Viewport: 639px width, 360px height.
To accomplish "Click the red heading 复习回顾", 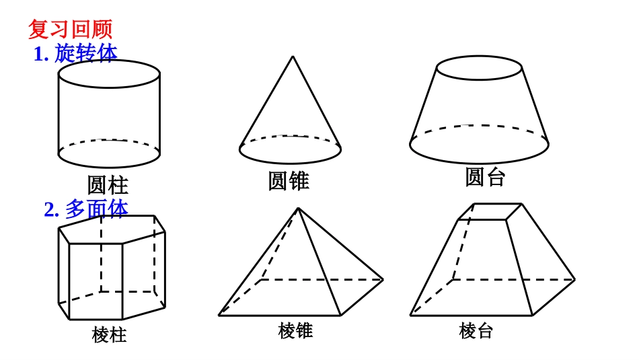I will pyautogui.click(x=70, y=29).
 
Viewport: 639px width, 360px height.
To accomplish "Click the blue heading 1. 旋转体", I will pyautogui.click(x=75, y=53).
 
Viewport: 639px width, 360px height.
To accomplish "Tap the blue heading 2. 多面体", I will pyautogui.click(x=86, y=209).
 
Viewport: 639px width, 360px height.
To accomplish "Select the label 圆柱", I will pyautogui.click(x=108, y=185).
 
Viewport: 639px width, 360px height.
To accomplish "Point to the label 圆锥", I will pyautogui.click(x=289, y=180).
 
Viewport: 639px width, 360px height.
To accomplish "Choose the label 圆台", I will pyautogui.click(x=484, y=177).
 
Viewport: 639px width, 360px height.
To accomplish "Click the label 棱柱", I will pyautogui.click(x=109, y=334).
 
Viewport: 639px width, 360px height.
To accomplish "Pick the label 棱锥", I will pyautogui.click(x=295, y=330).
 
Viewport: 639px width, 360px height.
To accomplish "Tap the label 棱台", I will pyautogui.click(x=476, y=330).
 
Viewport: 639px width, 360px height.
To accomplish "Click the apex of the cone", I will pyautogui.click(x=292, y=57).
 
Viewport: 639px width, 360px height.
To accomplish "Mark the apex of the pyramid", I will pyautogui.click(x=298, y=208).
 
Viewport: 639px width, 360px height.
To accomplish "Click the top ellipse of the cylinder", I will pyautogui.click(x=109, y=73).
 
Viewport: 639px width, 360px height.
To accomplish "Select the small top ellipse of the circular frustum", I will pyautogui.click(x=479, y=68).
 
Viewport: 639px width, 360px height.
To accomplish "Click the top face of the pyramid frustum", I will pyautogui.click(x=490, y=211).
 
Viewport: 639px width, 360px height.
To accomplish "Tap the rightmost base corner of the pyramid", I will pyautogui.click(x=383, y=279).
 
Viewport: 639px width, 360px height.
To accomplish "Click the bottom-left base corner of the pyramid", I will pyautogui.click(x=219, y=315).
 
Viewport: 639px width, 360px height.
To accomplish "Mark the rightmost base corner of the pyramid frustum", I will pyautogui.click(x=574, y=279).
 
